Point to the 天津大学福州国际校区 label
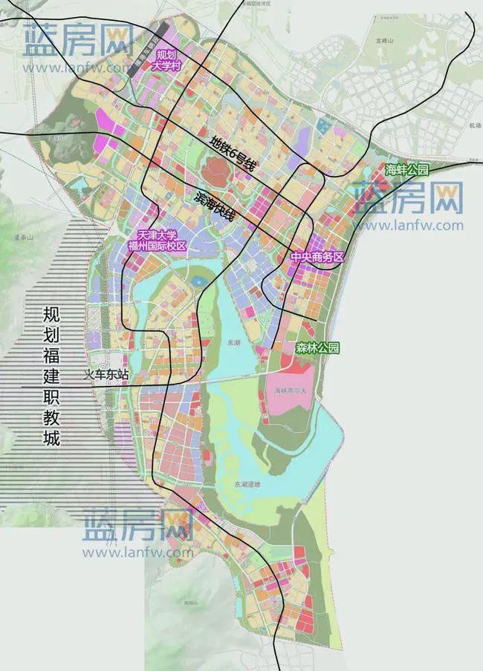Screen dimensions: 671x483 point(157,240)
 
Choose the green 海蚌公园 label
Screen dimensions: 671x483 point(406,170)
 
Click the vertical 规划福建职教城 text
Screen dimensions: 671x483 point(51,376)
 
